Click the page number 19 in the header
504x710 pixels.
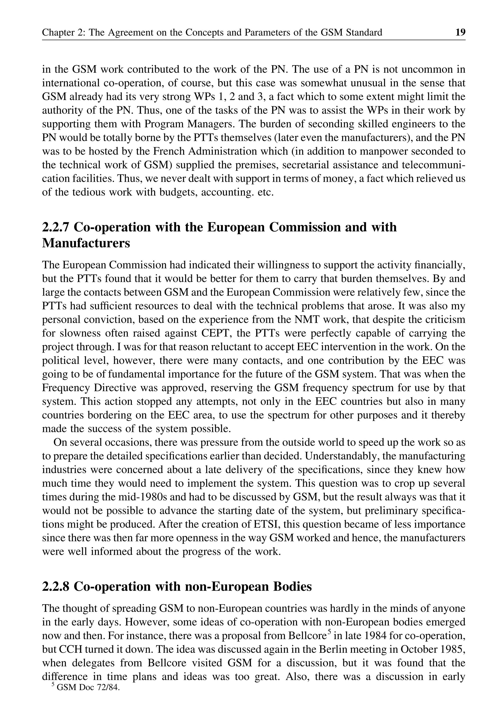(460, 32)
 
